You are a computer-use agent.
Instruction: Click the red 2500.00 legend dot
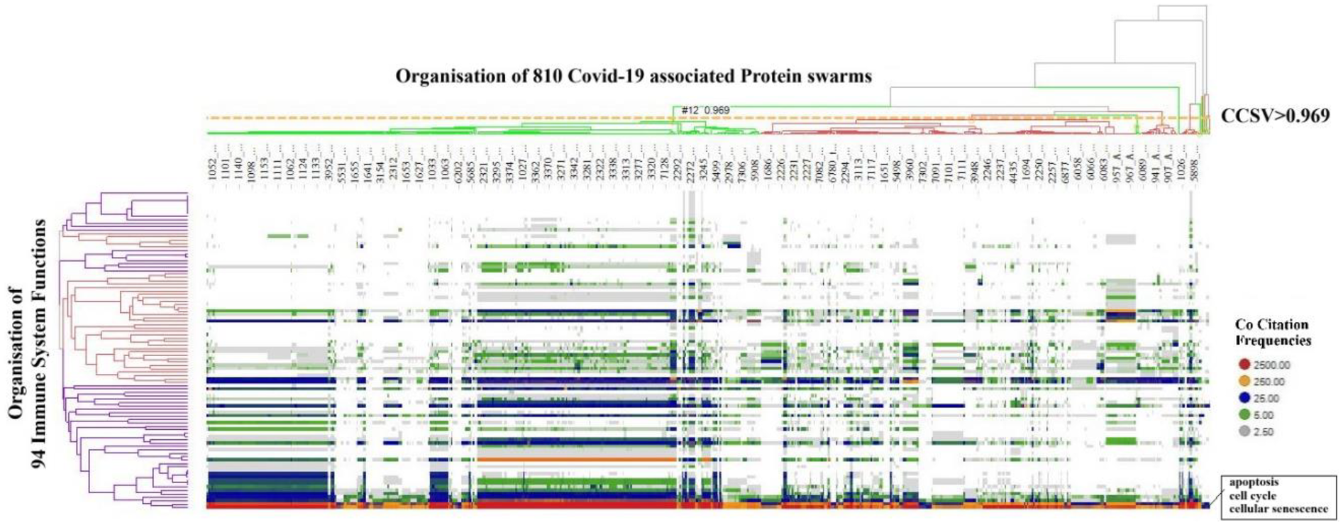click(1244, 365)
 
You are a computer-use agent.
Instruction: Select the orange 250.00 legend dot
click(1244, 382)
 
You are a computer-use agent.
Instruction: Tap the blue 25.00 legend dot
click(1244, 398)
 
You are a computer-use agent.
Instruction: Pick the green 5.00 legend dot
click(1244, 415)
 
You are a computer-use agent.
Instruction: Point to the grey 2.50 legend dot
click(1244, 431)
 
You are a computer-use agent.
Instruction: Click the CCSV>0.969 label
click(1275, 116)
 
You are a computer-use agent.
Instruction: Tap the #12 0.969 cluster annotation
click(704, 110)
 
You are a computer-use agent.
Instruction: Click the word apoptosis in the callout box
click(1254, 482)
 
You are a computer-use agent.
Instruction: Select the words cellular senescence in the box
click(1278, 509)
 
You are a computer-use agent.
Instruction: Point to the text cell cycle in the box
click(1252, 495)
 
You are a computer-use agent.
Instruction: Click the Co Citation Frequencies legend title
click(1272, 332)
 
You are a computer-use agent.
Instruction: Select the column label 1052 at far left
click(212, 160)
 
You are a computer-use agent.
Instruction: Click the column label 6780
click(832, 160)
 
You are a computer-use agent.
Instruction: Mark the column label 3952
click(328, 160)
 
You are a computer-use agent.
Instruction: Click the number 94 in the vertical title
click(38, 455)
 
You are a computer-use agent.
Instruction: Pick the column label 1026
click(1182, 160)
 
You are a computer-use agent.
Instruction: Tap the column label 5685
click(470, 160)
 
